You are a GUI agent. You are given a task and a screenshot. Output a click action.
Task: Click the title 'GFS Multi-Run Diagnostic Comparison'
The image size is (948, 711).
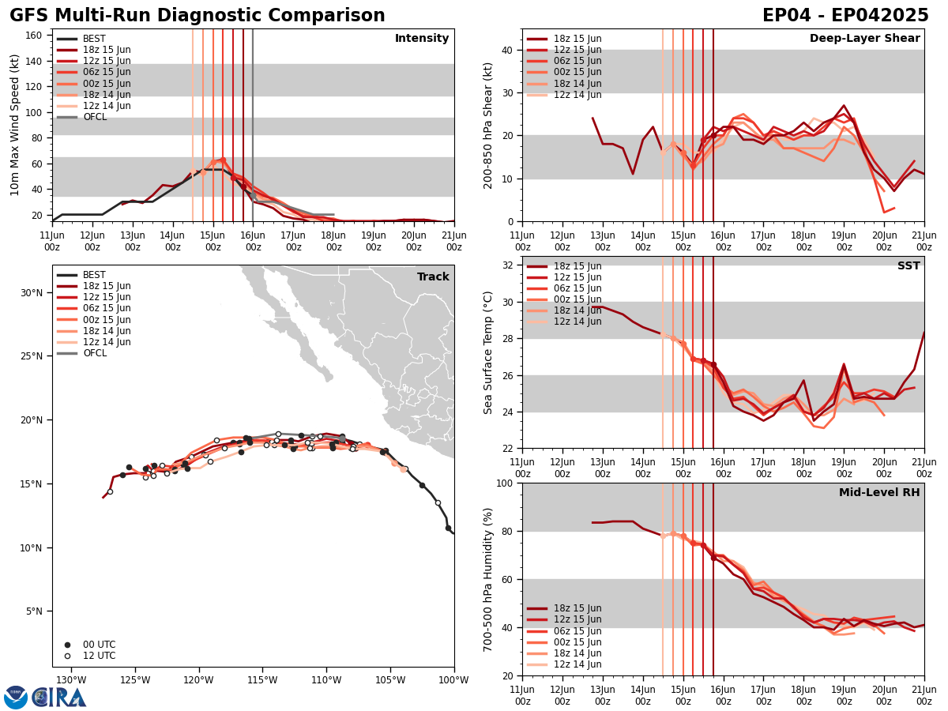tap(197, 16)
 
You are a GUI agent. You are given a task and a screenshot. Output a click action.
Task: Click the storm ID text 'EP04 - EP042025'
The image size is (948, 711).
tap(845, 16)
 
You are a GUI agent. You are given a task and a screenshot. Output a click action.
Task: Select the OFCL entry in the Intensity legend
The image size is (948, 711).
tap(94, 117)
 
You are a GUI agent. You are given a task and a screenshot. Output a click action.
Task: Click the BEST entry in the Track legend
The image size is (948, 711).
tap(94, 275)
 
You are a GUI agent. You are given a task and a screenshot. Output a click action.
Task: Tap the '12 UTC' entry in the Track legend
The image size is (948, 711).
tap(98, 656)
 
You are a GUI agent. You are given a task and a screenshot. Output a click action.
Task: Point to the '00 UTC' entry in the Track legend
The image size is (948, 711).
tap(98, 645)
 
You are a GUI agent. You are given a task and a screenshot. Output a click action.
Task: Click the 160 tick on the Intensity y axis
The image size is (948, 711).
tap(36, 36)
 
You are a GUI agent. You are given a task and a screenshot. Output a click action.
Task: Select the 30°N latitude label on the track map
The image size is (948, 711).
tap(31, 292)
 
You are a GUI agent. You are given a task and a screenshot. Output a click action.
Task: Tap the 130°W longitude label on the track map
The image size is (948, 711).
tap(71, 681)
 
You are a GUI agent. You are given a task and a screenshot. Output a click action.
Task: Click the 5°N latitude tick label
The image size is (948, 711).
tap(33, 611)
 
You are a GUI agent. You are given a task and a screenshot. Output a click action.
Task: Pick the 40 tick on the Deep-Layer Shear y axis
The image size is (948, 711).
tap(506, 50)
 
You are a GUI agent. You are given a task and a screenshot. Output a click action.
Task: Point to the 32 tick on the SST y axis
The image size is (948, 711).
tap(506, 265)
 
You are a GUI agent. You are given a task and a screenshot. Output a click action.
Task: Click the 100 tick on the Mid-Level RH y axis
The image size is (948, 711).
tap(503, 483)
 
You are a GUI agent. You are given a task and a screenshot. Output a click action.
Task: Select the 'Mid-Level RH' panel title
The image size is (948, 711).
tap(879, 493)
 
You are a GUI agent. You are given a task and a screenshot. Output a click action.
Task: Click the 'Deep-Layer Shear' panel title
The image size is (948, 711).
tap(864, 39)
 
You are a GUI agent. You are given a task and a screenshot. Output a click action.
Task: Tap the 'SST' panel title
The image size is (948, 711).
tap(908, 266)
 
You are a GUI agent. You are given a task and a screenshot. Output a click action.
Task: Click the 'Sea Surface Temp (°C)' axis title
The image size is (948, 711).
tap(488, 352)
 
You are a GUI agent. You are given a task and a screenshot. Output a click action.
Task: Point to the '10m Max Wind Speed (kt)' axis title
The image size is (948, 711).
tap(15, 125)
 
